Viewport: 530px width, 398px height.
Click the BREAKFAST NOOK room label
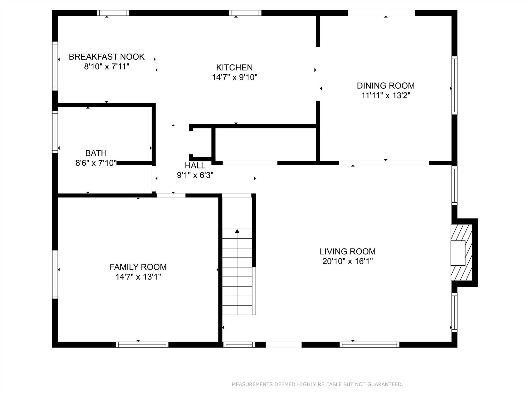click(106, 57)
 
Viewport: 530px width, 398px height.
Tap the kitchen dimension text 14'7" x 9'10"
click(234, 77)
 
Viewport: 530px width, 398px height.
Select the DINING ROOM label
click(386, 86)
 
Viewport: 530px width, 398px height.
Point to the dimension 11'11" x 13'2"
click(386, 96)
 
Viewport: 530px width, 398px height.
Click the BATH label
click(96, 153)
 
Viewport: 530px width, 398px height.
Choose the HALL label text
click(195, 165)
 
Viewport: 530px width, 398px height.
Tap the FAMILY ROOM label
click(138, 267)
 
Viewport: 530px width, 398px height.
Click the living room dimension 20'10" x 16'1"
click(347, 261)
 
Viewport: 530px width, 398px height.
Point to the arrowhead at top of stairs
click(237, 231)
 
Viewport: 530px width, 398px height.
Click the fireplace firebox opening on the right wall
click(458, 253)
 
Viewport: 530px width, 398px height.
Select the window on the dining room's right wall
click(454, 85)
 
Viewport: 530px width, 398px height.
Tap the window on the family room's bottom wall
click(142, 345)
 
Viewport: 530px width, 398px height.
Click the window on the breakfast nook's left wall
click(55, 66)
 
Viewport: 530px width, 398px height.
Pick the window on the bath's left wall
click(55, 132)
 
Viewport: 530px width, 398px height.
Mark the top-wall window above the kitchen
click(245, 13)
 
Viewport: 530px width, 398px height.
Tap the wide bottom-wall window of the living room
click(369, 345)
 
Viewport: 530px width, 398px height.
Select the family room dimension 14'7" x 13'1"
click(138, 277)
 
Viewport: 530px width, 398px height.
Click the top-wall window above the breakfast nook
click(113, 13)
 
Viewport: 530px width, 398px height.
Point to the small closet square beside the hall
click(201, 143)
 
